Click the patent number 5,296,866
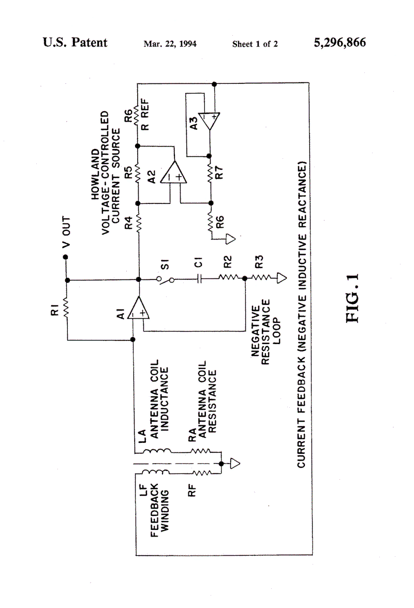[339, 42]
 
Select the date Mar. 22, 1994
[170, 44]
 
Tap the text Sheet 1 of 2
[255, 44]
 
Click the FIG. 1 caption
[352, 298]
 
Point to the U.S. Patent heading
[75, 42]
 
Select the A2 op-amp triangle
[174, 172]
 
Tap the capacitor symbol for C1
[199, 278]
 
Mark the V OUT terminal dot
[66, 257]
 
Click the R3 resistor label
[259, 262]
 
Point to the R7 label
[219, 172]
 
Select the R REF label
[144, 114]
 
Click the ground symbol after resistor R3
[282, 278]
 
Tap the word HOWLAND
[95, 174]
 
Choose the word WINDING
[165, 511]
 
